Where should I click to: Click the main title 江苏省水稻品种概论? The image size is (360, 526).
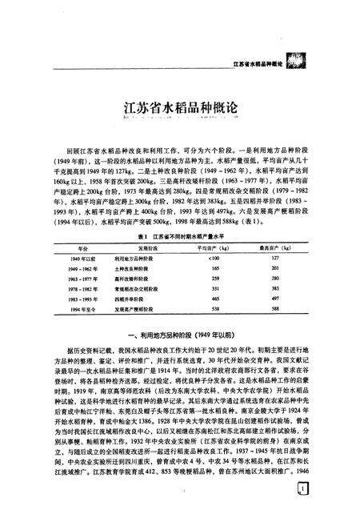pos(180,105)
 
